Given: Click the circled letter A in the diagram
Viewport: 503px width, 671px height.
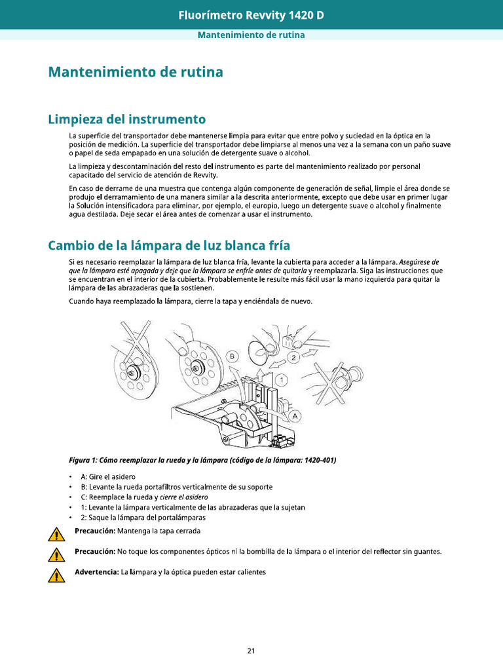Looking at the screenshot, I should (x=295, y=415).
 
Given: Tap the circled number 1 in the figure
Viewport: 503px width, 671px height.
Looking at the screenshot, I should (x=282, y=380).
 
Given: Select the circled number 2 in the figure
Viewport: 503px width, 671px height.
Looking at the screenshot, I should (x=295, y=357).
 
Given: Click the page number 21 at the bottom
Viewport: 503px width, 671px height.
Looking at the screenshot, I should (x=251, y=651).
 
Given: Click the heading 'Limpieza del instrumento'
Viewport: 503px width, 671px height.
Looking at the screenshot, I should (x=126, y=119).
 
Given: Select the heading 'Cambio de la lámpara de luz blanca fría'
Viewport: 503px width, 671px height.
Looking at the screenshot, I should (x=169, y=245).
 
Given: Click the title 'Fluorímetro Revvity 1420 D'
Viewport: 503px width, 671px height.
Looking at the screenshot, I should (x=251, y=14).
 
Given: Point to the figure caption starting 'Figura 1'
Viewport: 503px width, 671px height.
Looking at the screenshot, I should (x=202, y=460).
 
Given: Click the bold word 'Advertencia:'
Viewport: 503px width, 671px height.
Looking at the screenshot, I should (x=96, y=572).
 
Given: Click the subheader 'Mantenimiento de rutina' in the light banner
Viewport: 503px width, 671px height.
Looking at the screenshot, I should (x=251, y=34).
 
